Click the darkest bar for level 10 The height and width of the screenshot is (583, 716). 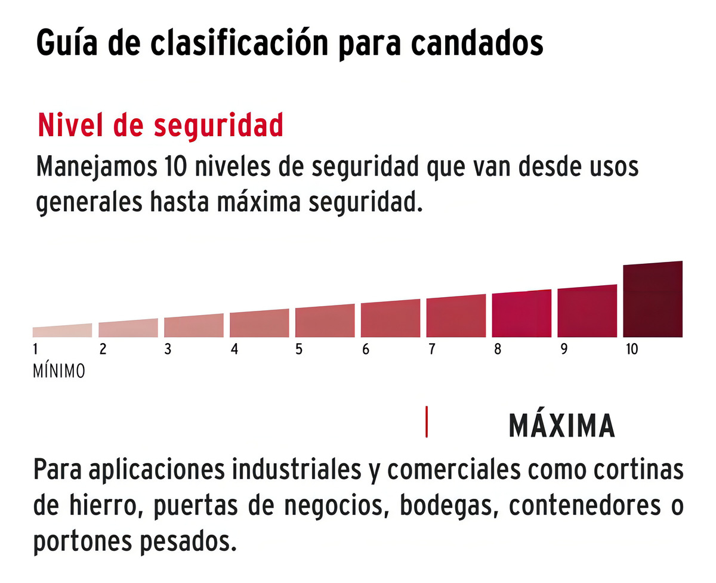(x=653, y=300)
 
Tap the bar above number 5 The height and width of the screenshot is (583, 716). (x=325, y=322)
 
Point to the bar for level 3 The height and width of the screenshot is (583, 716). (x=193, y=326)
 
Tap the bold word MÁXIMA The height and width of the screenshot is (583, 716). (x=561, y=425)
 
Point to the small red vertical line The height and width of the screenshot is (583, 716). (x=427, y=422)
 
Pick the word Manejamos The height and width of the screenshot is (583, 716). (x=93, y=168)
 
